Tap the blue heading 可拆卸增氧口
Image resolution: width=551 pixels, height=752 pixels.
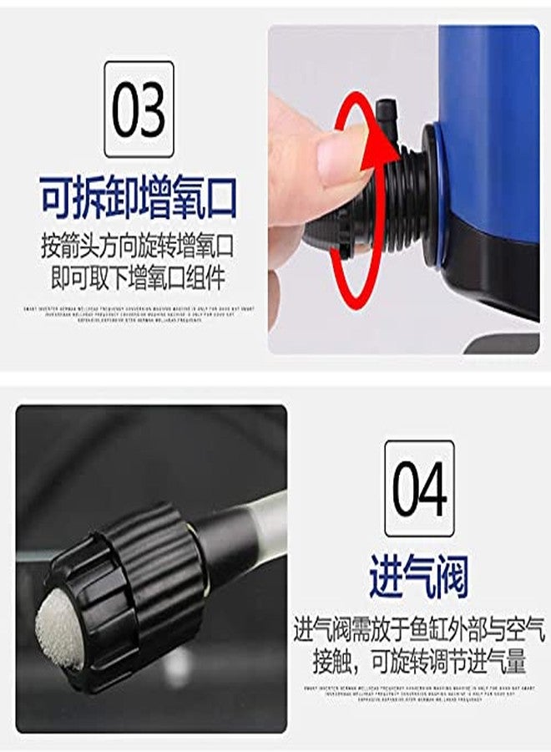[139, 198]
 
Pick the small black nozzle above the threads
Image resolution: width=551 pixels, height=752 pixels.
[387, 113]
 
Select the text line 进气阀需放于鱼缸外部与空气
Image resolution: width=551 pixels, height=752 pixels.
[419, 628]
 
